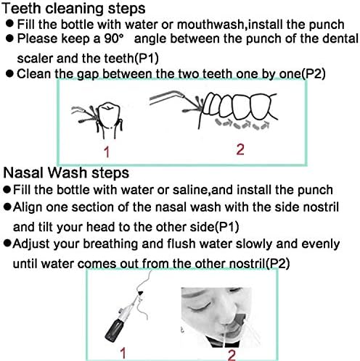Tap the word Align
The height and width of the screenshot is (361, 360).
(x=30, y=207)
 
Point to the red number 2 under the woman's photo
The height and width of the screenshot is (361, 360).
(x=231, y=353)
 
